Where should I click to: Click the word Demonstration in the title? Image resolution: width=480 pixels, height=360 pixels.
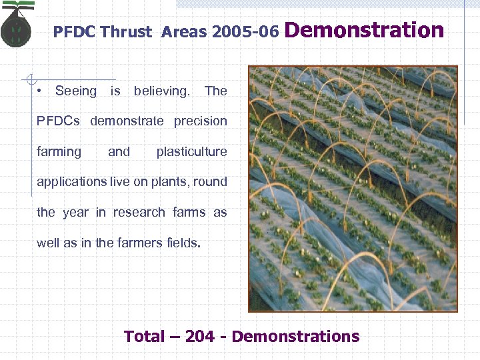pyautogui.click(x=364, y=30)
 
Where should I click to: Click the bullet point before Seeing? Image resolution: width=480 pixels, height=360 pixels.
pyautogui.click(x=41, y=91)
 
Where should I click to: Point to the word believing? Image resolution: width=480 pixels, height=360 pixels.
pyautogui.click(x=162, y=91)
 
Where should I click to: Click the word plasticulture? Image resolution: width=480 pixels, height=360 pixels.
pyautogui.click(x=191, y=152)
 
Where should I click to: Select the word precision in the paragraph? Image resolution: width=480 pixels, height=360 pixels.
pyautogui.click(x=200, y=121)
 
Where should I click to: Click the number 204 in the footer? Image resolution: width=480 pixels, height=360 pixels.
pyautogui.click(x=200, y=337)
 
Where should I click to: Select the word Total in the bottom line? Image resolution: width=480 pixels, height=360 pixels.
pyautogui.click(x=144, y=337)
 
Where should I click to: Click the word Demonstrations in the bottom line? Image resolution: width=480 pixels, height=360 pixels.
pyautogui.click(x=295, y=337)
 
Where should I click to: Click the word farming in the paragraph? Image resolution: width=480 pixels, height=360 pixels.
pyautogui.click(x=59, y=152)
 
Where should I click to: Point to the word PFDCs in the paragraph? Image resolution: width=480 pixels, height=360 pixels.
pyautogui.click(x=58, y=121)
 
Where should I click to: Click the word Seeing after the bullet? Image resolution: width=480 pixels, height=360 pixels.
pyautogui.click(x=75, y=91)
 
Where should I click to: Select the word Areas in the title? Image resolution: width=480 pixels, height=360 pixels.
pyautogui.click(x=183, y=32)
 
